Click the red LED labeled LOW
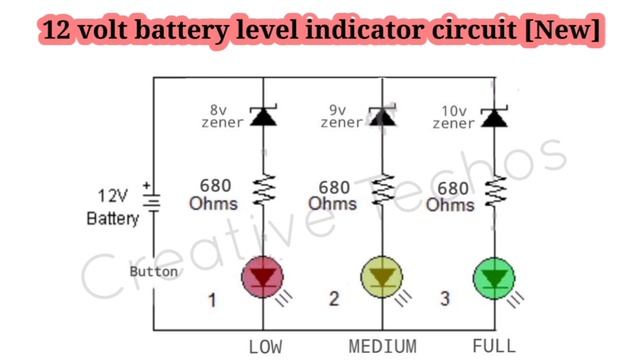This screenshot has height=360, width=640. (263, 277)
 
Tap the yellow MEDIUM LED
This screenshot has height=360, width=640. (380, 277)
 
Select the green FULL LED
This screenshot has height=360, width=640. (494, 277)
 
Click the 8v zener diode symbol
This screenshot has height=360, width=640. (263, 115)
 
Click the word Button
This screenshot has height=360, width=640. (154, 271)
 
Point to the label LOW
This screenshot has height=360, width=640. (265, 347)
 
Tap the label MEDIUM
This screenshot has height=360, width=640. (382, 347)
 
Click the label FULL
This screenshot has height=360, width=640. (493, 347)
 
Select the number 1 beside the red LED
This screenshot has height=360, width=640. (212, 299)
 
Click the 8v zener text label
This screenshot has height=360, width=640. (222, 116)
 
